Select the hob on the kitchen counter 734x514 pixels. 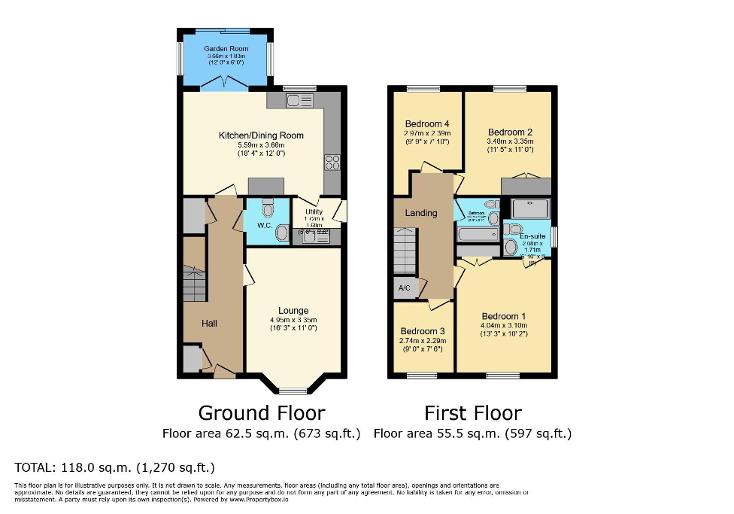pos(332,163)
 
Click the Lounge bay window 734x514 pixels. pos(293,390)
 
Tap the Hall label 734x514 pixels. pos(209,323)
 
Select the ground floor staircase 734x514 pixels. pos(195,284)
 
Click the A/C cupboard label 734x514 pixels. pos(402,287)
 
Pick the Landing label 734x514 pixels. pos(421,213)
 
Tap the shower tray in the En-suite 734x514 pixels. pos(530,208)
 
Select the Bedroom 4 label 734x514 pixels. pos(427,124)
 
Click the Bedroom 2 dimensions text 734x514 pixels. pos(510,145)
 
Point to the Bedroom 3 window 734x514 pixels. pos(422,375)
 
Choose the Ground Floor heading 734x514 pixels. pos(261,412)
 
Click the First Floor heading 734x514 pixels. pos(472,412)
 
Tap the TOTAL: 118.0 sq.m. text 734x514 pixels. pos(115,467)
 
